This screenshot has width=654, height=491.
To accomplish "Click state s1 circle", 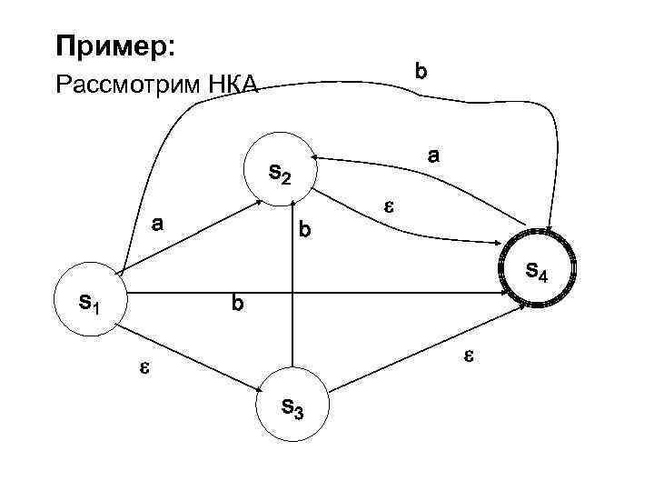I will [x=89, y=300].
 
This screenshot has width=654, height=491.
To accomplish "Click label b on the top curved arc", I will [x=421, y=69].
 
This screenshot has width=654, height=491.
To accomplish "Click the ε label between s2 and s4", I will [x=386, y=207].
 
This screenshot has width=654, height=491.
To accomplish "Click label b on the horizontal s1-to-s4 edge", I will [x=237, y=304].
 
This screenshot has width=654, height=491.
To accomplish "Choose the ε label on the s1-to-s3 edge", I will [x=143, y=367].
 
